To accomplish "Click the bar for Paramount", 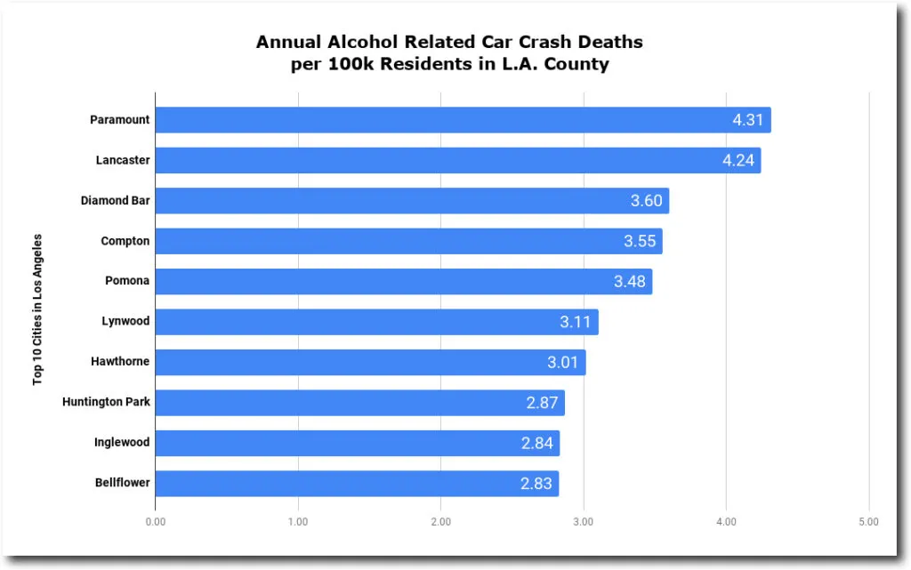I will [x=463, y=120].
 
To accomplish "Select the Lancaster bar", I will [x=457, y=160].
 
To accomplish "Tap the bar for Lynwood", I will [x=376, y=322].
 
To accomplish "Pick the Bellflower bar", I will [x=357, y=484].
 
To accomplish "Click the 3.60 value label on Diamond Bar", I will [x=647, y=201].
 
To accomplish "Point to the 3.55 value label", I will [x=640, y=241].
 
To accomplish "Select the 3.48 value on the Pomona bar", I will [x=630, y=282].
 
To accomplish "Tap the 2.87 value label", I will [x=542, y=403].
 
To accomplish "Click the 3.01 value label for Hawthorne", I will [x=563, y=363].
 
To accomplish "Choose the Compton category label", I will [x=125, y=241].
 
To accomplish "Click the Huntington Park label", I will [x=106, y=402].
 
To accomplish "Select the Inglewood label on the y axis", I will [x=122, y=442].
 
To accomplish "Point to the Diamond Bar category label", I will [x=115, y=201].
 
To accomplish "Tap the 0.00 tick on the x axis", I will [x=155, y=522].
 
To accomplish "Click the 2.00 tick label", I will [x=440, y=522].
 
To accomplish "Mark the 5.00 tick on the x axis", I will [x=868, y=522].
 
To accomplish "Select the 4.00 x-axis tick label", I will [x=726, y=522].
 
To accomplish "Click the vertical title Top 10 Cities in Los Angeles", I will [x=38, y=309].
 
